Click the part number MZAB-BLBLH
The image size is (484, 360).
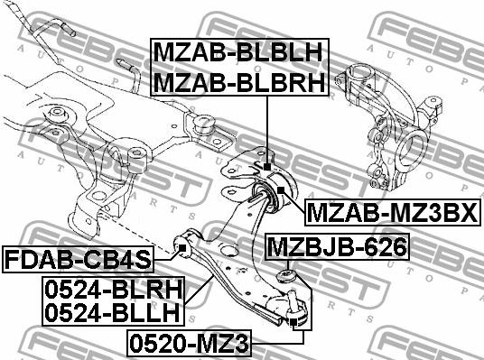click(x=238, y=52)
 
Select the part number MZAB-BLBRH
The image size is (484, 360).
click(x=239, y=83)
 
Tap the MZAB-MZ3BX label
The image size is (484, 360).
click(x=392, y=213)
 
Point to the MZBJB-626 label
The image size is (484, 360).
click(x=337, y=247)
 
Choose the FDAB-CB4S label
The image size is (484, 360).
click(x=78, y=260)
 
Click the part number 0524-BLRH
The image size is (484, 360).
click(x=114, y=290)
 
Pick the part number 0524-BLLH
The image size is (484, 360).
click(x=112, y=312)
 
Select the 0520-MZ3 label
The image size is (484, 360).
click(x=189, y=343)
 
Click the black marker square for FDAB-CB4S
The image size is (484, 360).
click(x=182, y=248)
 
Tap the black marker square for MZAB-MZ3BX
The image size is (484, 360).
click(x=280, y=189)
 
